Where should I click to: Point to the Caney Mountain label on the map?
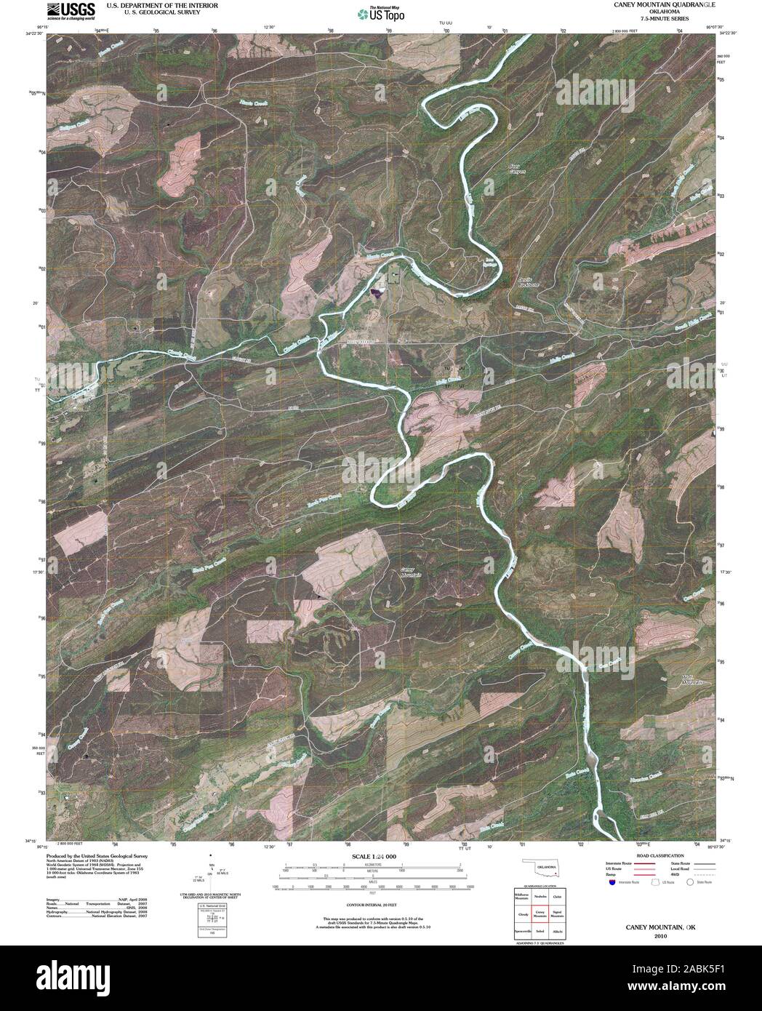pos(412,572)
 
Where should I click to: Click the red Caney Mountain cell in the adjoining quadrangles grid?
pos(540,913)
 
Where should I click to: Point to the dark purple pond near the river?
pos(377,292)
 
